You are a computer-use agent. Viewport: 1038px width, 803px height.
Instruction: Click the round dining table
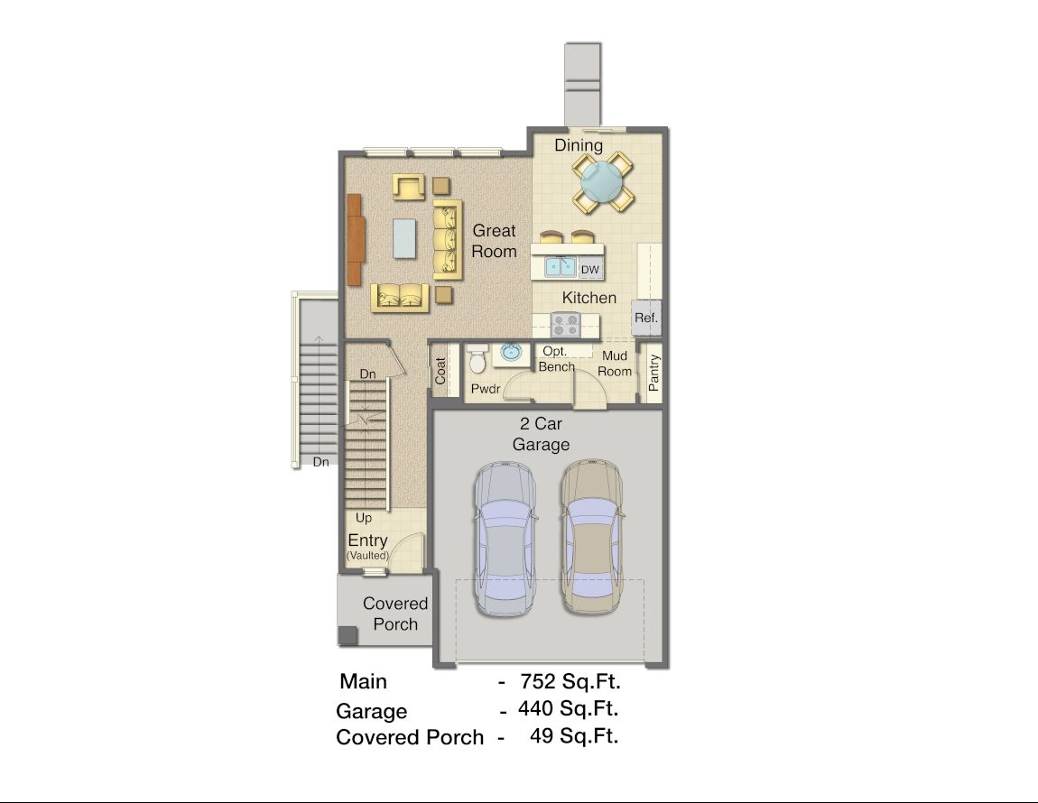point(602,180)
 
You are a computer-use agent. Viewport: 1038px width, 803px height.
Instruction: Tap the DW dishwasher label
point(589,270)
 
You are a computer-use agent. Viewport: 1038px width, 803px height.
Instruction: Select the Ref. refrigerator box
point(645,318)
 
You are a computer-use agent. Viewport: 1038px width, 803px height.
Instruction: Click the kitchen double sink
point(560,267)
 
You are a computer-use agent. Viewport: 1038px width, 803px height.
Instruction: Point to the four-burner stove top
point(566,325)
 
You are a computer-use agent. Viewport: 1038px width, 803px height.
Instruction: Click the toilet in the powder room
point(477,358)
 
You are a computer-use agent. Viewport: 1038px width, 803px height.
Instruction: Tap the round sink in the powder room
point(510,352)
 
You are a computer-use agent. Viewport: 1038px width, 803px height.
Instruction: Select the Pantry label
point(654,373)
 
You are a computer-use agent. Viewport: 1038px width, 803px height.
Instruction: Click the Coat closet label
point(440,371)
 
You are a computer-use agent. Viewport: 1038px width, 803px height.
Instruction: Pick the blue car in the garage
point(505,539)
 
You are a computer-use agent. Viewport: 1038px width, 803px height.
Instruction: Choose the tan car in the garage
point(591,536)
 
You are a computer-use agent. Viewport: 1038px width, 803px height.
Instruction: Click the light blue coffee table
point(404,237)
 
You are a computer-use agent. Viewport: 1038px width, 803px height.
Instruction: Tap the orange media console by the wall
point(356,240)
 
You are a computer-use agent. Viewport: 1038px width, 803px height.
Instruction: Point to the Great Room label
point(494,241)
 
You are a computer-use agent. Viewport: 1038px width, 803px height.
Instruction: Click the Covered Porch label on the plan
point(395,614)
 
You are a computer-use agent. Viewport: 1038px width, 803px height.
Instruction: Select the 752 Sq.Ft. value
point(570,681)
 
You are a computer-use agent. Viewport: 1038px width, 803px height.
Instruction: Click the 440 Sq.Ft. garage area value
point(568,708)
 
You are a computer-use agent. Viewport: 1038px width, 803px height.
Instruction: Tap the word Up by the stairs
point(364,519)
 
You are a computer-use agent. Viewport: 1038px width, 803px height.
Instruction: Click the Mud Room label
point(615,364)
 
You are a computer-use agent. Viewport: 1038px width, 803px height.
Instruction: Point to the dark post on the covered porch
point(348,635)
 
